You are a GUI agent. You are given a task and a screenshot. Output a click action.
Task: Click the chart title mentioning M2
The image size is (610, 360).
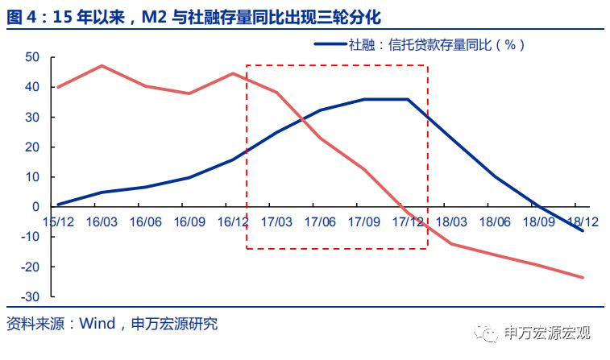pos(193,15)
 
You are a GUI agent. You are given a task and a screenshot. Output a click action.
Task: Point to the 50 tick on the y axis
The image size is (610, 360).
pos(32,57)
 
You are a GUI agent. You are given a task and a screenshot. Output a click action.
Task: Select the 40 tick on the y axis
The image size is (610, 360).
pos(32,87)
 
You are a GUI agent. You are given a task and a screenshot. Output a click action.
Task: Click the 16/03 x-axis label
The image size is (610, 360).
pos(102,221)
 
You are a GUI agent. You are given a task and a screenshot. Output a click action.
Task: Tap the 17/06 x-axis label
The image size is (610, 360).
pos(321,221)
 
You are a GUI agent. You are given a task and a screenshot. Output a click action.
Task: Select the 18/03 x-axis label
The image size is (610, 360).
pos(451,221)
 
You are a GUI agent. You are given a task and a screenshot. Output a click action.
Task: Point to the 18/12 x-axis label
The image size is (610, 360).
pos(582,221)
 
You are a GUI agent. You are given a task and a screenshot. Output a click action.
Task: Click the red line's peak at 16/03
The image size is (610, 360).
pos(102,65)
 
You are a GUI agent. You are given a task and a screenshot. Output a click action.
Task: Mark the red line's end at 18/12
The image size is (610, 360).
pos(583,278)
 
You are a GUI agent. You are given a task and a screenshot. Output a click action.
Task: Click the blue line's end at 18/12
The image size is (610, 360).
pos(583,231)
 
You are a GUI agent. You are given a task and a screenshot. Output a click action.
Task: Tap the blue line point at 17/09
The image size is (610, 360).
pos(364,99)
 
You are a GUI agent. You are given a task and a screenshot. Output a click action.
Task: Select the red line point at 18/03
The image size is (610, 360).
pos(451,244)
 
